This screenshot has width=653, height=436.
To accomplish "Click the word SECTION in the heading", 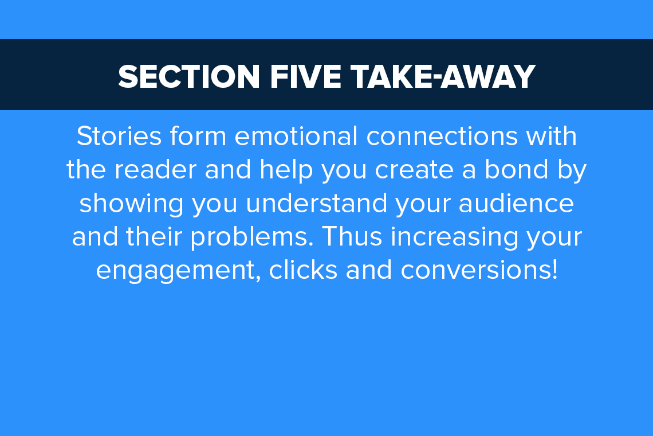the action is (x=189, y=77).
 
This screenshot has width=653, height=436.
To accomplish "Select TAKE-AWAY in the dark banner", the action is (x=443, y=77).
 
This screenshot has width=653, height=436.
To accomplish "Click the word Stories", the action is (x=119, y=137).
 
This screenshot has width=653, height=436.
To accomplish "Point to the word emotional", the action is (x=296, y=137).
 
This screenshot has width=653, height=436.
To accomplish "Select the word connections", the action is (x=442, y=137).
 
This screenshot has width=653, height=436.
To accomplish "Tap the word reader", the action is (x=155, y=170).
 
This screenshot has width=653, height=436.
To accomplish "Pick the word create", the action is (x=414, y=170).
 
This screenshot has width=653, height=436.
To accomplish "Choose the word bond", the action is (x=516, y=169).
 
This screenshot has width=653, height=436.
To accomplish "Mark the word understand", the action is (x=317, y=203).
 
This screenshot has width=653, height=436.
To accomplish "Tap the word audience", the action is (x=517, y=203).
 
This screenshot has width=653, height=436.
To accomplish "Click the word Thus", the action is (x=352, y=236).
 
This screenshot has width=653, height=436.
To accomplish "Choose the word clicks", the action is (x=303, y=270).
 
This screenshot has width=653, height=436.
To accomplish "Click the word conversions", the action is (x=475, y=270).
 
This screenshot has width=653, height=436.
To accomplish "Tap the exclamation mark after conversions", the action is (x=554, y=270).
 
